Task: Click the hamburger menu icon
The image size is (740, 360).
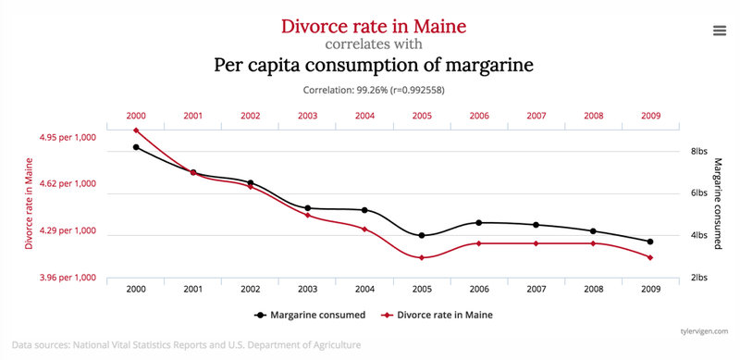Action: tap(719, 30)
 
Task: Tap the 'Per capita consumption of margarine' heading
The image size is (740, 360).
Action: tap(374, 66)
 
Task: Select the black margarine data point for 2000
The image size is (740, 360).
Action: tap(136, 147)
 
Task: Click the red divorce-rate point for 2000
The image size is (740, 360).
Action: tap(136, 130)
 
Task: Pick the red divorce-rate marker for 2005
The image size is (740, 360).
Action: tap(422, 257)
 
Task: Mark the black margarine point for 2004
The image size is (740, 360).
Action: tap(364, 210)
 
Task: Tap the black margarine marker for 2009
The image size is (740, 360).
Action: tap(650, 242)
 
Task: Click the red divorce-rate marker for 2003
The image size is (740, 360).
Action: tap(307, 216)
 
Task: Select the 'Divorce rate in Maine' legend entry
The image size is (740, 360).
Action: tap(435, 315)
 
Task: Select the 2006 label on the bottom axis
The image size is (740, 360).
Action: tap(478, 290)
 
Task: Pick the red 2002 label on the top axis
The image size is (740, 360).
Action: tap(250, 116)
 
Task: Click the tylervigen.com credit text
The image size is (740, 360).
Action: tap(706, 329)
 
